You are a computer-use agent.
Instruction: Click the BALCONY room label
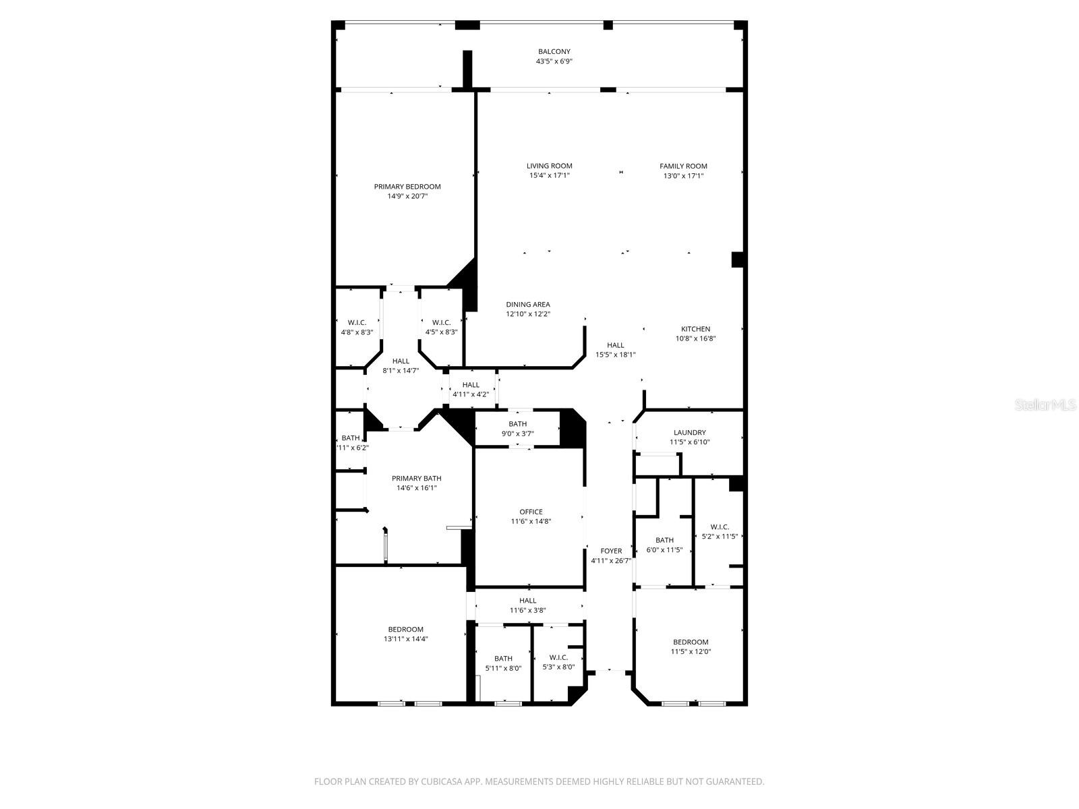(554, 51)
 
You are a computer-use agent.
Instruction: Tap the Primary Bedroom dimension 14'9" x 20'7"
(407, 196)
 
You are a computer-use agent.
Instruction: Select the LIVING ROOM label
(549, 166)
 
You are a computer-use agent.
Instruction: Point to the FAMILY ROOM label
(683, 166)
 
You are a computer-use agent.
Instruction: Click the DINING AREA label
(528, 304)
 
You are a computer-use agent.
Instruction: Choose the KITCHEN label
(695, 329)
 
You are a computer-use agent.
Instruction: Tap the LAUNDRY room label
(689, 433)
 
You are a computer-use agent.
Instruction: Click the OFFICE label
(531, 512)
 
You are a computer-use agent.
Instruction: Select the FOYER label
(611, 551)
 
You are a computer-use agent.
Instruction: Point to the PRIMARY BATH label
(416, 479)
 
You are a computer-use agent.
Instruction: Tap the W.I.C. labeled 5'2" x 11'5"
(720, 527)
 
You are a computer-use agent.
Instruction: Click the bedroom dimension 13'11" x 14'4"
(405, 638)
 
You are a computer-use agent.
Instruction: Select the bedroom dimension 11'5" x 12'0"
(691, 651)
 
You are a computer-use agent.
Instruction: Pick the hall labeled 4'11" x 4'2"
(471, 385)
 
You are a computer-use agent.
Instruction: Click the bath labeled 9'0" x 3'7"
(518, 424)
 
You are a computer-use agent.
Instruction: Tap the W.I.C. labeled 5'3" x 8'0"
(558, 657)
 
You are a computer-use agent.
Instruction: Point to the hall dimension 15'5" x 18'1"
(615, 355)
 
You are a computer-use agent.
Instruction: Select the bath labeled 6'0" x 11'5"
(664, 540)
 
